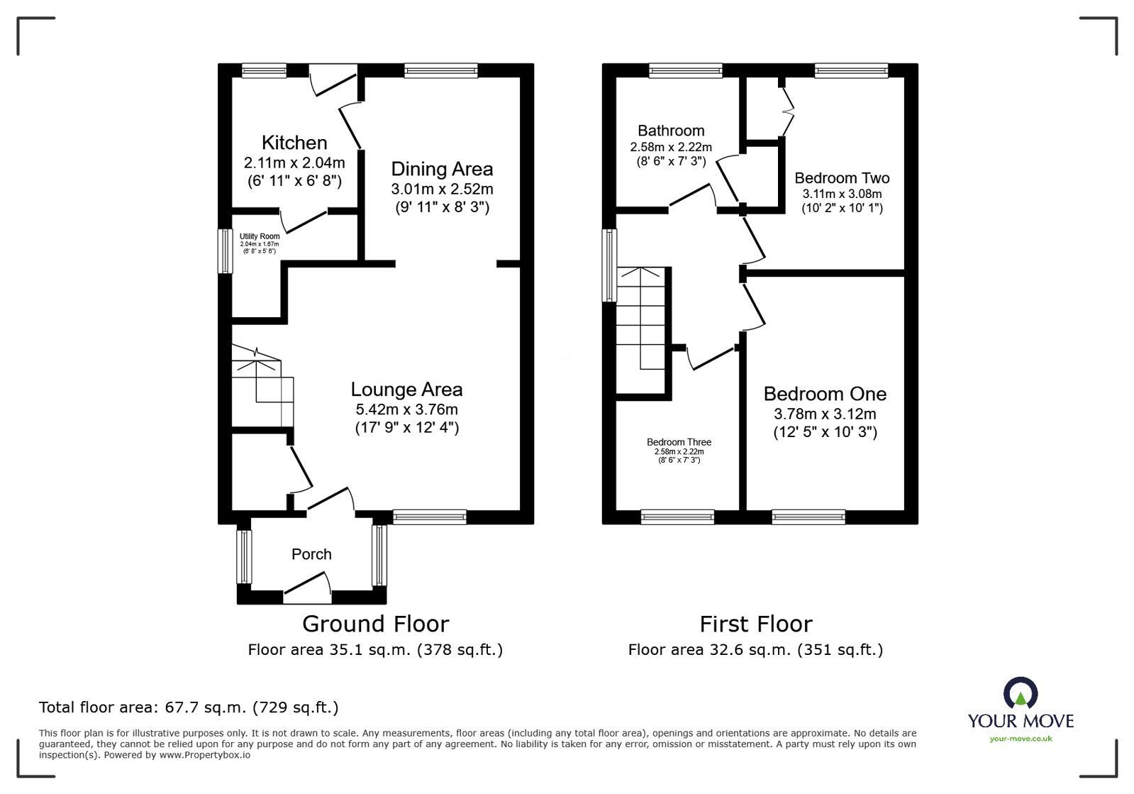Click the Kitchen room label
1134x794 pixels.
[294, 143]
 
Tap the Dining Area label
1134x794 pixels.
[442, 169]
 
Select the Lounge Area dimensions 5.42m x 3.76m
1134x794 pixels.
[406, 409]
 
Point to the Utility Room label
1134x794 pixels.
[260, 236]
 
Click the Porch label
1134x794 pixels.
[311, 554]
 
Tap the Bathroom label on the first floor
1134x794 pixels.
[671, 131]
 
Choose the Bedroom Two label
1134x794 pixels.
[842, 178]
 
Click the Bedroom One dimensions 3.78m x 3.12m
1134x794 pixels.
[825, 414]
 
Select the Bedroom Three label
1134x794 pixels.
[679, 442]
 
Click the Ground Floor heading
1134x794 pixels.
[375, 624]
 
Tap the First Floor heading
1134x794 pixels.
[755, 624]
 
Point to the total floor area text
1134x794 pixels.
[189, 707]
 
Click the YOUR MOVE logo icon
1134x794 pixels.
[1021, 693]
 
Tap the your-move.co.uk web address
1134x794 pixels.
[1021, 739]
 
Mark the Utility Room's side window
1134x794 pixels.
[225, 250]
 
